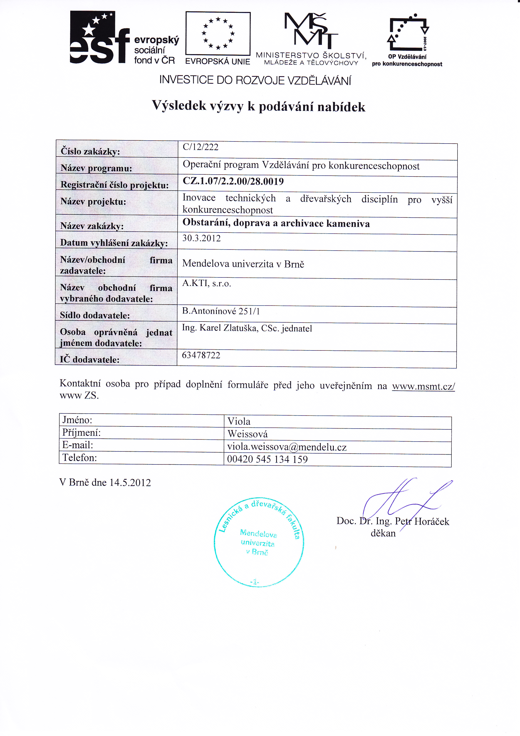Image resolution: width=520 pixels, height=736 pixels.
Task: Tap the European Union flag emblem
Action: coord(218,33)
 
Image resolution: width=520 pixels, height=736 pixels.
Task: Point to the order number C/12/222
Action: coord(200,147)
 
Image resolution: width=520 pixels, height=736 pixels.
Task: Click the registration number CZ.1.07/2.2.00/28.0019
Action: coord(233,182)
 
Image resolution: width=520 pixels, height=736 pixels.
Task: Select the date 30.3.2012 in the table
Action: coord(201,238)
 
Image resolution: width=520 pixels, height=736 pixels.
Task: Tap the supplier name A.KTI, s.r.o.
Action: coord(207,283)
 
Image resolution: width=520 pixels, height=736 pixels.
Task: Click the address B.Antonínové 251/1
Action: coord(221,311)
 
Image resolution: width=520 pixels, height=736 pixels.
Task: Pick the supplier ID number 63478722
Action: coord(201,355)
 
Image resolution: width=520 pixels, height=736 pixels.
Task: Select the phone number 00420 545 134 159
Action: coord(267,459)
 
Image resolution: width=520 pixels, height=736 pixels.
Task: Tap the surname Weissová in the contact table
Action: coord(247,434)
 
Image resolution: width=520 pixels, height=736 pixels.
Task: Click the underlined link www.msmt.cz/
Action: coord(423,386)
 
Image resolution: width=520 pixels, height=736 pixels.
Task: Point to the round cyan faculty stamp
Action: coord(259,542)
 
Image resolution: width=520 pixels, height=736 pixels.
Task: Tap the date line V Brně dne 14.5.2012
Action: coord(105,482)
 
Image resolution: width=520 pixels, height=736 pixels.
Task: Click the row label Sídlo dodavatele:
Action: coord(95,315)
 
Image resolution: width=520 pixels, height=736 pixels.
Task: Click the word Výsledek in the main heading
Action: coord(179,106)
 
